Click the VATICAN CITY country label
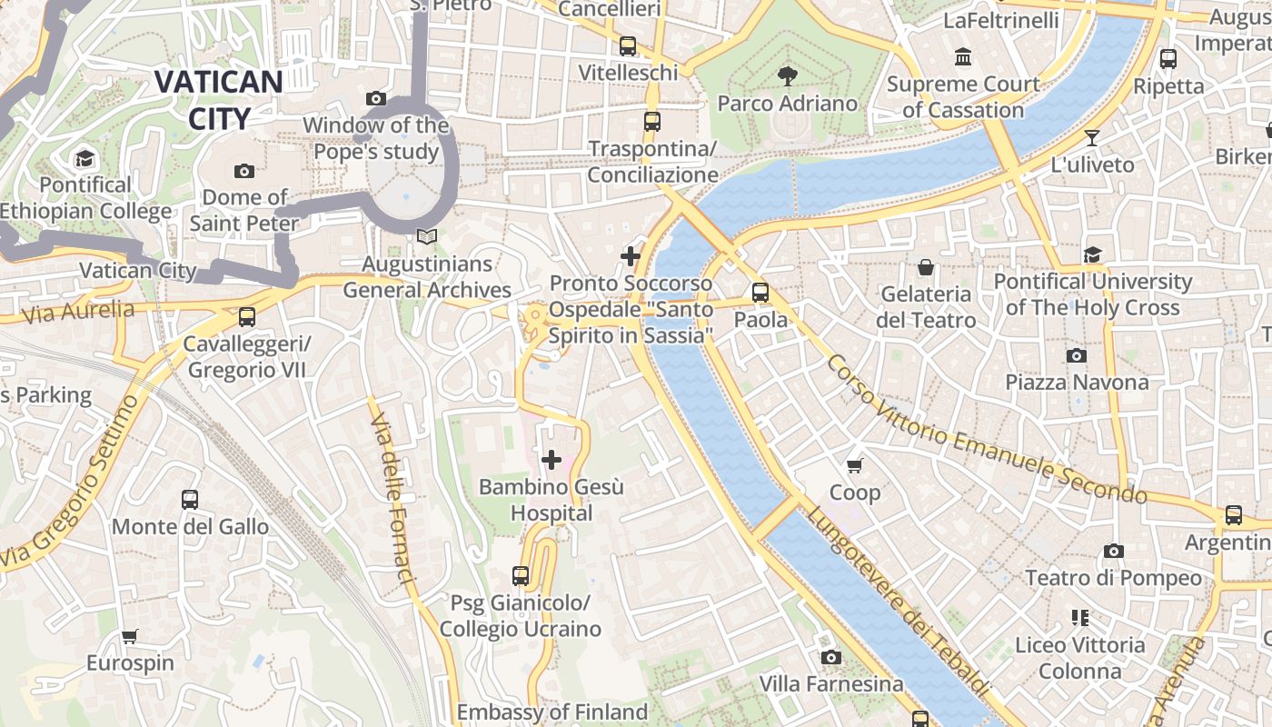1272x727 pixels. tap(218, 100)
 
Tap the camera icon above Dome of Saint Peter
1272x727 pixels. tap(243, 171)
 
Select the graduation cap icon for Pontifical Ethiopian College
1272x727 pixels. tap(84, 159)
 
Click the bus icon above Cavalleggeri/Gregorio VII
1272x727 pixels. tap(246, 317)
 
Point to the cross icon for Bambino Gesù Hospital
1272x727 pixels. tap(551, 460)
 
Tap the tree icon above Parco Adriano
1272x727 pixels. tap(787, 76)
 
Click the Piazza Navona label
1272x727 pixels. tap(1077, 382)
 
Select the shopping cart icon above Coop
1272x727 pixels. tap(854, 466)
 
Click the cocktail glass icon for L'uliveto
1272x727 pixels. tap(1091, 138)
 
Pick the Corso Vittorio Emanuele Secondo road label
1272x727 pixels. tap(986, 430)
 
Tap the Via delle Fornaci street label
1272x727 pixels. tap(393, 499)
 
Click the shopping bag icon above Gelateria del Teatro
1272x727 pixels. tap(925, 267)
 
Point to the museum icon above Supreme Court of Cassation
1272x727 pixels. tap(963, 58)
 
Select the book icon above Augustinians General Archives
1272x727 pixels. tap(426, 237)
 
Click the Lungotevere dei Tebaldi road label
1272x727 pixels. tap(896, 602)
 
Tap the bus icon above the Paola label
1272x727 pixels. tap(760, 293)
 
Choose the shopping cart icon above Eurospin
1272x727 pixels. tap(130, 636)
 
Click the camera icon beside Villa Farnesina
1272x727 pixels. tap(830, 657)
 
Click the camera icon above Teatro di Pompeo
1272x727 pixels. tap(1113, 551)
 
